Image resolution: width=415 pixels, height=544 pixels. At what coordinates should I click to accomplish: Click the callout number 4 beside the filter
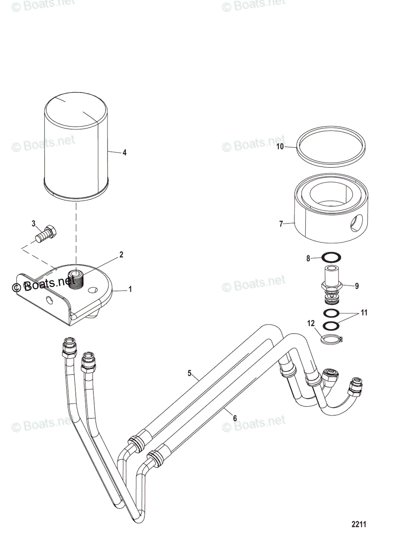(124, 153)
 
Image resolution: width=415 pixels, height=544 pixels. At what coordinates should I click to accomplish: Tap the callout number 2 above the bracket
(121, 255)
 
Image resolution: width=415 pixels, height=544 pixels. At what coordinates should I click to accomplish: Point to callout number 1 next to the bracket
(130, 289)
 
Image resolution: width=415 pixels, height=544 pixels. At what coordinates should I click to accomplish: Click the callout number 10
(280, 146)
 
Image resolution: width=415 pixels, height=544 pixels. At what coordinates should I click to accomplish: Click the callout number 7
(281, 224)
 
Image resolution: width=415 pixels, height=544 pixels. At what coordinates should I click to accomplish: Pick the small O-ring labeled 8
(330, 258)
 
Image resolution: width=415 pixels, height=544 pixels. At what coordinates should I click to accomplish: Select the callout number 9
(357, 286)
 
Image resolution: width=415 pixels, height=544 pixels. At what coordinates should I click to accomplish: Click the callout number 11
(364, 313)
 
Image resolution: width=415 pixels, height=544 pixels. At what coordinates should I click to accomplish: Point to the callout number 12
(311, 323)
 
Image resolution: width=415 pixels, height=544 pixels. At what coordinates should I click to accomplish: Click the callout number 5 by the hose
(190, 374)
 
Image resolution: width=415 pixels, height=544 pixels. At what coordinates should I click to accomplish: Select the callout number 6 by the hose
(234, 418)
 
